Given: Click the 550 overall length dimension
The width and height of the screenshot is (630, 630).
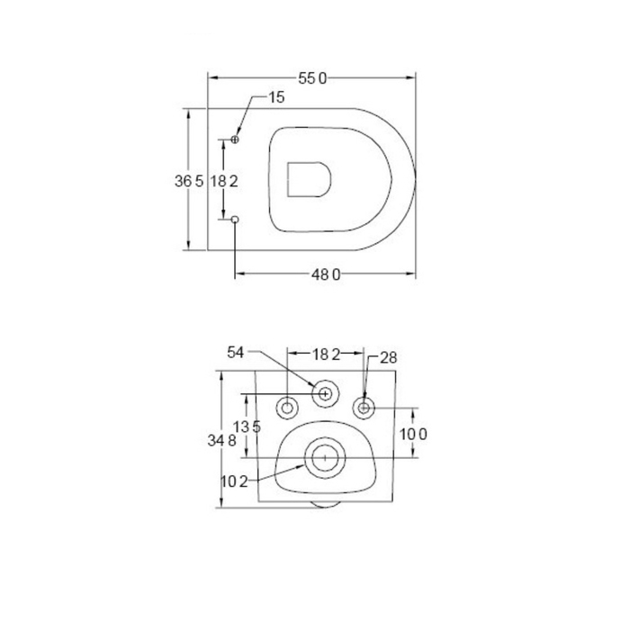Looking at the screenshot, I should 311,79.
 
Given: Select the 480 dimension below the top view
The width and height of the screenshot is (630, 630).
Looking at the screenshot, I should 326,274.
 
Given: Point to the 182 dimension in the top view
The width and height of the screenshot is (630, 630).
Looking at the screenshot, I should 225,181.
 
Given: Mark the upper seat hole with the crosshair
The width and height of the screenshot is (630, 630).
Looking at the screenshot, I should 236,139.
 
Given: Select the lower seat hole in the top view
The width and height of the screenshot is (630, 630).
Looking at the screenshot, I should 236,219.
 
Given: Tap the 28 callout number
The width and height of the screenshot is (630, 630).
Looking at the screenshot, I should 388,357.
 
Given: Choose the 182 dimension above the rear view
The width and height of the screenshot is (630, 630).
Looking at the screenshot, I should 325,355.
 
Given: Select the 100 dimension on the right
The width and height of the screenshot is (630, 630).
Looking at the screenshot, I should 413,434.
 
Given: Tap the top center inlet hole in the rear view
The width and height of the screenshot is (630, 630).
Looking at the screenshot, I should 324,393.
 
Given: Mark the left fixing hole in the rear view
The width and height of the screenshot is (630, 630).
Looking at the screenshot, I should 287,409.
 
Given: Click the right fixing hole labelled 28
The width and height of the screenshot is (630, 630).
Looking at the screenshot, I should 363,409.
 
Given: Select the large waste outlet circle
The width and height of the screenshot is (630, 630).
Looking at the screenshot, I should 324,457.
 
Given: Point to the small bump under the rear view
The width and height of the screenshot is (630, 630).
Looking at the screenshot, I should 324,506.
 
